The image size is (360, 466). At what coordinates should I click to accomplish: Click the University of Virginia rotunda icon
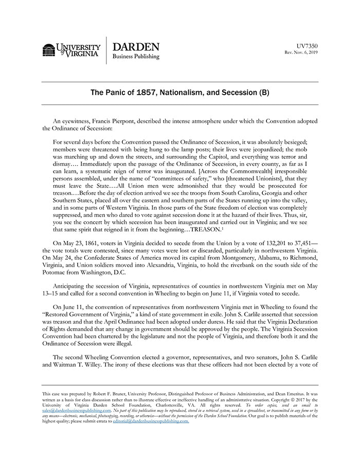click(x=49, y=50)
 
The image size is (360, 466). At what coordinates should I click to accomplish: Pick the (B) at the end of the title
click(x=263, y=94)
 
